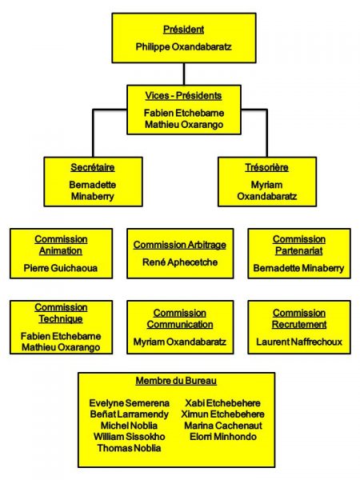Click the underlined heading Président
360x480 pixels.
click(x=184, y=30)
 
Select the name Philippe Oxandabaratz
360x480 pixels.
click(x=184, y=47)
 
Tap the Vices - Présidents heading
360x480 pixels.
click(x=184, y=95)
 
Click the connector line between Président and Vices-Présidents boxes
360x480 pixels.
click(x=184, y=74)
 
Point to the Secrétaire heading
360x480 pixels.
click(x=93, y=167)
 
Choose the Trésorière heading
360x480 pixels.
click(x=266, y=167)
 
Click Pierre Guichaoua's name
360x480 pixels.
click(x=61, y=268)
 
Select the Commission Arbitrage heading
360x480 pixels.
click(x=180, y=245)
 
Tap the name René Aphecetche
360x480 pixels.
click(x=180, y=262)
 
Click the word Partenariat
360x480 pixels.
click(x=299, y=250)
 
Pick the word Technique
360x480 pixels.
click(x=61, y=319)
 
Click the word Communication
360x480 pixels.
click(x=180, y=325)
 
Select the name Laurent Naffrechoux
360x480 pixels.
click(x=299, y=342)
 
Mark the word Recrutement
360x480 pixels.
click(x=299, y=325)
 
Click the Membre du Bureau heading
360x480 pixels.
click(x=176, y=381)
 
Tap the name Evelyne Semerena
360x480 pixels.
click(x=129, y=403)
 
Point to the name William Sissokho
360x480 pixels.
click(x=129, y=437)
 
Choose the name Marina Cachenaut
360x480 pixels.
click(x=223, y=426)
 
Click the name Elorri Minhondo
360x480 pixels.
click(x=223, y=437)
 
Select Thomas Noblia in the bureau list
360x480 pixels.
click(x=129, y=448)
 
